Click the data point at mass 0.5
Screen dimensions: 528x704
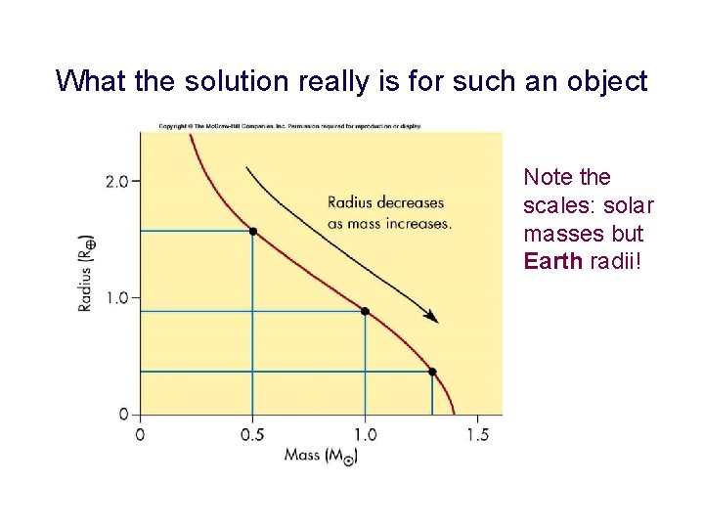252,231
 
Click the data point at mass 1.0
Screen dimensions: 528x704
365,311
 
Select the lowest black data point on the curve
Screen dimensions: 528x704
432,372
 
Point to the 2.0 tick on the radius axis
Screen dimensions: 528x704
117,181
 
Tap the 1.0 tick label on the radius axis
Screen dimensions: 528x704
117,297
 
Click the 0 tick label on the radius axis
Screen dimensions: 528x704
123,415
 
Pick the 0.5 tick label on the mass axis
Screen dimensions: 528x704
252,433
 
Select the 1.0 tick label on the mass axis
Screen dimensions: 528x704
365,433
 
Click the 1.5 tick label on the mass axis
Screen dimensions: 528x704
477,433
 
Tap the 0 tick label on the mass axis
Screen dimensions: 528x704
140,433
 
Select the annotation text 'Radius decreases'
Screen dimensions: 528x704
385,203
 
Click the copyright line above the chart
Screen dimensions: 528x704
289,126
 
